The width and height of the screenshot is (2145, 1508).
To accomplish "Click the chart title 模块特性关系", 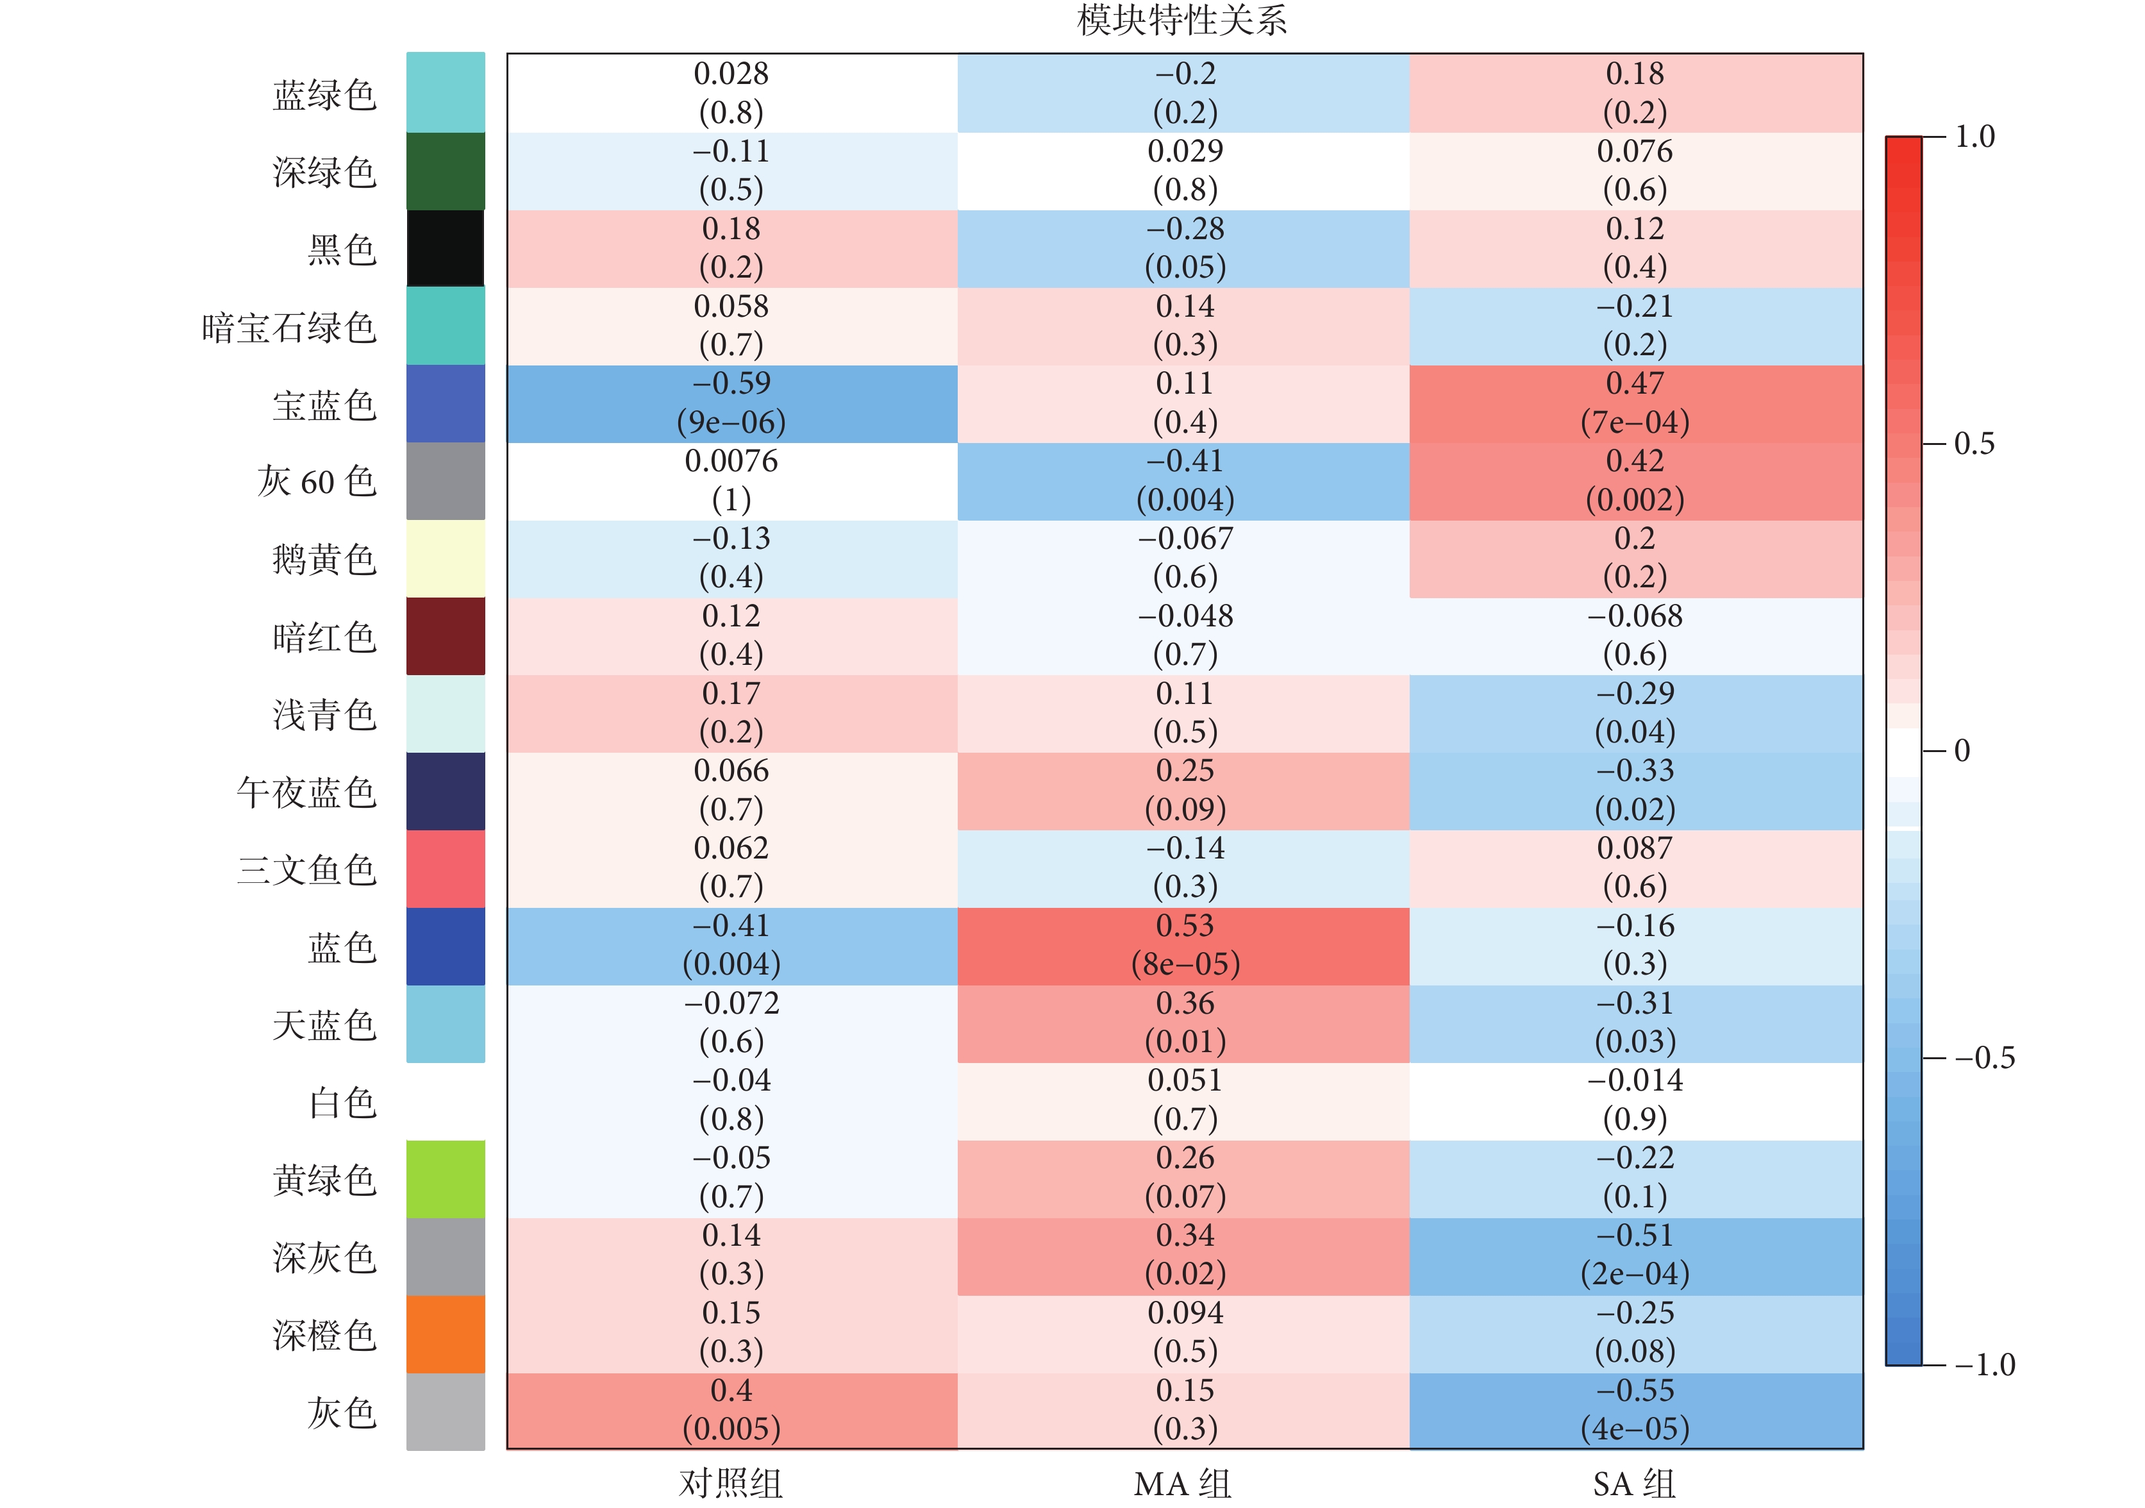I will tap(1182, 21).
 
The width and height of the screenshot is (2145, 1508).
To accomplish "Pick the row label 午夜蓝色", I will tap(306, 792).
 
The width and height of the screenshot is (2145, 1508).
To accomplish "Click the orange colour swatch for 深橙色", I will tap(446, 1334).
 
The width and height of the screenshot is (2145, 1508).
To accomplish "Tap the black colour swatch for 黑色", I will tap(446, 249).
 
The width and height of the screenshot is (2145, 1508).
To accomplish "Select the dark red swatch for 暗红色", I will tap(446, 636).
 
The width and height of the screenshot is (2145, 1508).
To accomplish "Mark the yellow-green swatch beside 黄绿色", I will tap(446, 1179).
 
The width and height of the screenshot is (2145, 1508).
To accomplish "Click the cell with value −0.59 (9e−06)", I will tap(731, 404).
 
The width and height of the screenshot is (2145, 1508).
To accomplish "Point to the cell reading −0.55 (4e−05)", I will tap(1635, 1410).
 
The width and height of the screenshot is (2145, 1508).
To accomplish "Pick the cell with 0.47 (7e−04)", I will tap(1635, 404).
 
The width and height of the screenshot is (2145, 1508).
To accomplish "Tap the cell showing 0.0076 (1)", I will tap(731, 481).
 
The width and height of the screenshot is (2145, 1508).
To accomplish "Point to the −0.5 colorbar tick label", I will tap(1984, 1059).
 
